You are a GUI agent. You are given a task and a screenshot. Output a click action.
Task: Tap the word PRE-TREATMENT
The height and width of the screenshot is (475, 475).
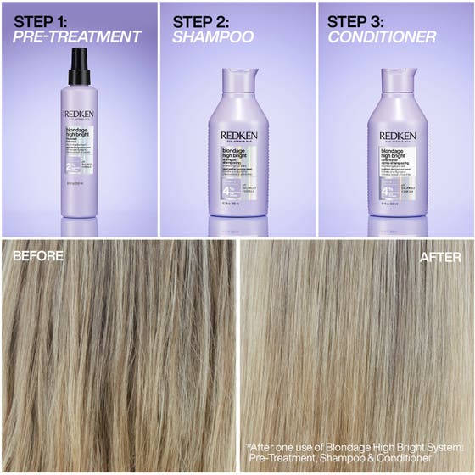(77, 36)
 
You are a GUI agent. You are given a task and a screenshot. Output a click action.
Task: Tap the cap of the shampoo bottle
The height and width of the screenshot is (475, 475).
(238, 78)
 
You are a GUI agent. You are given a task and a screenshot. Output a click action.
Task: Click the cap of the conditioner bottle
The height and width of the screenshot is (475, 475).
(397, 78)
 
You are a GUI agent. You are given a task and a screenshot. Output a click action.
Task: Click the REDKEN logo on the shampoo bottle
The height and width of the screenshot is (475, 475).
(238, 134)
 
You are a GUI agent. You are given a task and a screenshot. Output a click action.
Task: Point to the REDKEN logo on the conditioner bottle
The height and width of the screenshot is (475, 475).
(397, 134)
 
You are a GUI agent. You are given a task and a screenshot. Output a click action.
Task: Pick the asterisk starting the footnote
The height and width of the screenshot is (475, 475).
(249, 445)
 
